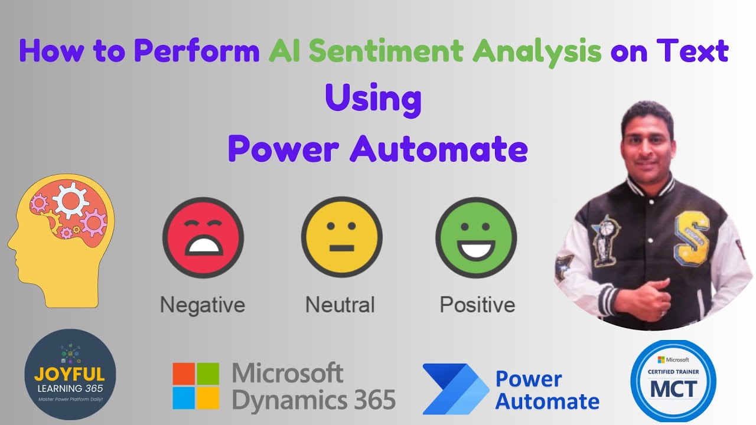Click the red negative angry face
coord(203,237)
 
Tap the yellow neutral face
coord(341,237)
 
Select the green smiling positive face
coord(476,237)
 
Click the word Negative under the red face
coord(203,305)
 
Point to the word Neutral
coord(340,305)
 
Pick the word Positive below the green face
coord(477,305)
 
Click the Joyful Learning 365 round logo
coord(70,374)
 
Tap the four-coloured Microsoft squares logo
coord(195,386)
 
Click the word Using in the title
coord(373,98)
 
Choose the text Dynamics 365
coord(314,400)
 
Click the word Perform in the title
coord(197,52)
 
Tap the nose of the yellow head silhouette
coord(10,244)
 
